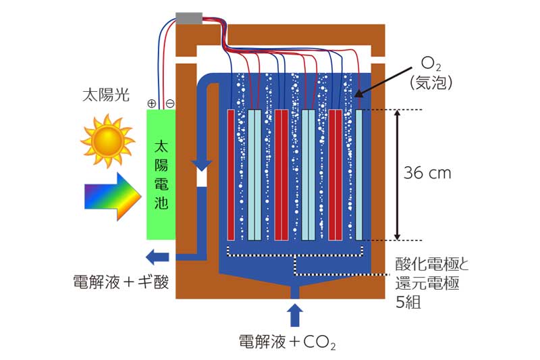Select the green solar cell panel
click(x=161, y=174)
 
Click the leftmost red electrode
click(x=231, y=174)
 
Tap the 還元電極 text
click(x=427, y=283)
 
